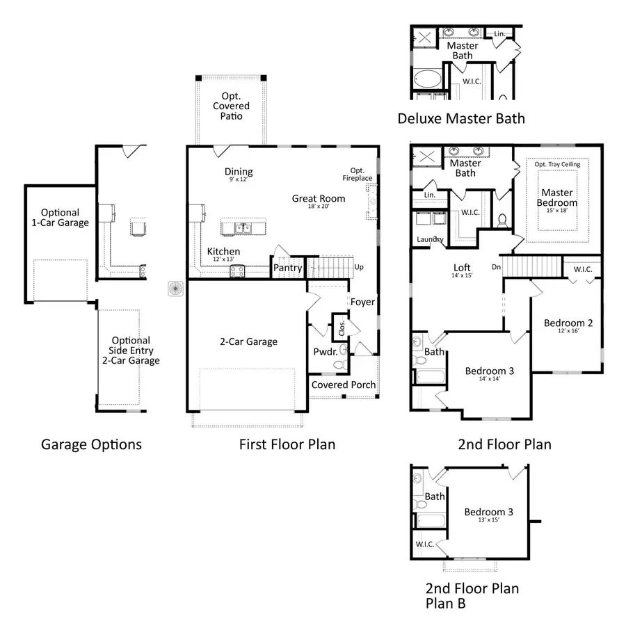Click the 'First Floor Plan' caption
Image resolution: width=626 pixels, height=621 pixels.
pos(287,444)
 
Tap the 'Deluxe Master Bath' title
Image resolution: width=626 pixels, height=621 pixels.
pos(460,119)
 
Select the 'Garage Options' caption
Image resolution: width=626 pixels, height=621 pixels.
pos(91,444)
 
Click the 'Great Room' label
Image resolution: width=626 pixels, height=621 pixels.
pos(318,198)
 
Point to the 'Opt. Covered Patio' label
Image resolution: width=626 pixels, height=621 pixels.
pos(231,106)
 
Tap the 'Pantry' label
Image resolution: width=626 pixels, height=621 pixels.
pos(287,267)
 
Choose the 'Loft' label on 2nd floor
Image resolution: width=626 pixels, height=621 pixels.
pos(462,267)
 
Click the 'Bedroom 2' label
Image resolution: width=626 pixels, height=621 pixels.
pos(568,323)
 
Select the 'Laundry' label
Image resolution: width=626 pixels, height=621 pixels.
pos(430,240)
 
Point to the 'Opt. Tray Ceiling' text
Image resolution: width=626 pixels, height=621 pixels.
pos(556,165)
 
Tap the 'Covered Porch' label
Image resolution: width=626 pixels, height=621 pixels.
pos(343,385)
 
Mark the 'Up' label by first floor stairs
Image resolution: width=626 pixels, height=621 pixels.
pos(359,268)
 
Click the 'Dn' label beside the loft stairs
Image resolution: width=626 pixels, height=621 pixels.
pos(495,266)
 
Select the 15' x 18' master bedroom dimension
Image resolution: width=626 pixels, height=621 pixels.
pos(556,210)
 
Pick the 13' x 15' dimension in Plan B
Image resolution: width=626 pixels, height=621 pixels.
pos(488,520)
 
